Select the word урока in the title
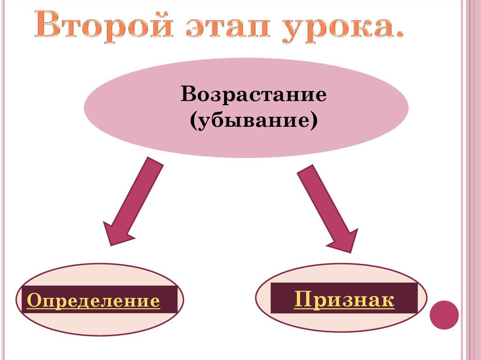329,29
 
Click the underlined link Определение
93,301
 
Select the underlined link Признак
344,299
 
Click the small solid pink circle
444,314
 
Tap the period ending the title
400,35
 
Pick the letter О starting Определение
32,301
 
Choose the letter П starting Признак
301,299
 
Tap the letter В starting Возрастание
188,95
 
